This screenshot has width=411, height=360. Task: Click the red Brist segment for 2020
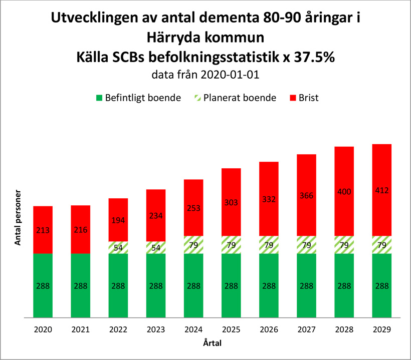43,220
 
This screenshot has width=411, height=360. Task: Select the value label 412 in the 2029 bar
382,190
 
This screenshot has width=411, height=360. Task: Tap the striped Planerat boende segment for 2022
118,248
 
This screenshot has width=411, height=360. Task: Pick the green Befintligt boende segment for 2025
231,285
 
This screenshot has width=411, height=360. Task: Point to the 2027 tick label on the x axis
306,330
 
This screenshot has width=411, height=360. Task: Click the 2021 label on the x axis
81,330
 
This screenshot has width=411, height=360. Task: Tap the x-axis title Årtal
213,343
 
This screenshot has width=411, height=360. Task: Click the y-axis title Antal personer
18,217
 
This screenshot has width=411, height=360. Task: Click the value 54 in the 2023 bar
156,248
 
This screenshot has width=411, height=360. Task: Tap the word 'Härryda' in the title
175,38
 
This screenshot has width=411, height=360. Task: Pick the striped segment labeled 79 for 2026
269,245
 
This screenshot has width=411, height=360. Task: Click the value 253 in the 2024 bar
193,209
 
